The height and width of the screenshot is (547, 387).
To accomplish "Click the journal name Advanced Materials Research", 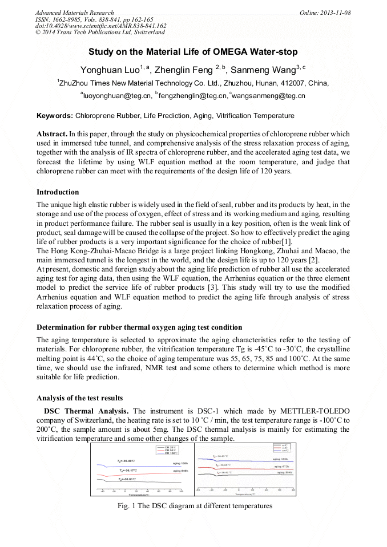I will pyautogui.click(x=74, y=13).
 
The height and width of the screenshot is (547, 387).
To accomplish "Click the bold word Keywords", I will pyautogui.click(x=55, y=116).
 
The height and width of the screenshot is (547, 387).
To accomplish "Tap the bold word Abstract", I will pyautogui.click(x=52, y=133).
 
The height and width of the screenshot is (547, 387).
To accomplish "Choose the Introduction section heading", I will pyautogui.click(x=58, y=192).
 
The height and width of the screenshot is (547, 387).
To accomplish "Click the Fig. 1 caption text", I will pyautogui.click(x=195, y=505).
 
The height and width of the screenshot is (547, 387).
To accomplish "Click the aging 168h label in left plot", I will pyautogui.click(x=180, y=464).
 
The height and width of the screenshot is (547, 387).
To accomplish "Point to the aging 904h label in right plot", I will pyautogui.click(x=284, y=473).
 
